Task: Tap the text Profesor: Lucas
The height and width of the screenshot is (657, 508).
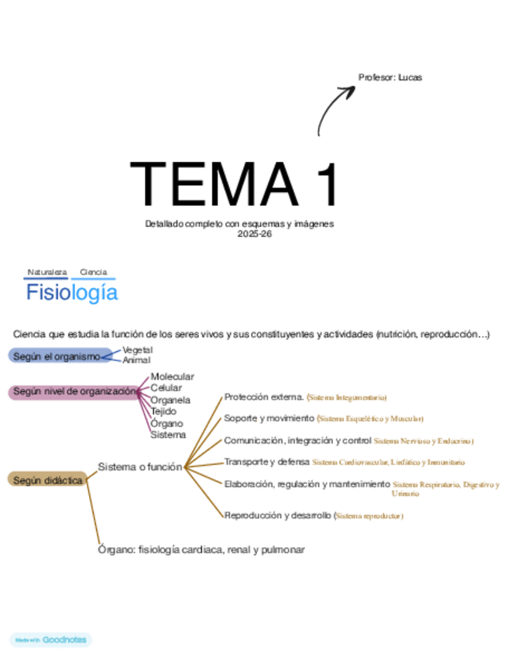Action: click(390, 77)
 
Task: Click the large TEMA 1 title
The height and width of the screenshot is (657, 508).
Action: click(235, 184)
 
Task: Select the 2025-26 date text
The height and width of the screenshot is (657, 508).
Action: click(239, 233)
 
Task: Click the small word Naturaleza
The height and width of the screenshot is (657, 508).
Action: click(47, 272)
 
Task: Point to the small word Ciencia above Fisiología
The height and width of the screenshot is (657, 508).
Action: click(93, 272)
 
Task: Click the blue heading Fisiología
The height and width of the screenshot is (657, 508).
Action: click(72, 293)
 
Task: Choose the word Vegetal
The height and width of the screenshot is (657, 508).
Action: click(137, 350)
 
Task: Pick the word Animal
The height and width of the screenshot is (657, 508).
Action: click(136, 360)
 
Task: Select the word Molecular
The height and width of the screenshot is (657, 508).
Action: click(172, 377)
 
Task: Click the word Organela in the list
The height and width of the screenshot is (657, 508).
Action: click(170, 400)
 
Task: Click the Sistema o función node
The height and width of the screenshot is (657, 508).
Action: click(140, 466)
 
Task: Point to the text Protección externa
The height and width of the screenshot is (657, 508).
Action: click(263, 397)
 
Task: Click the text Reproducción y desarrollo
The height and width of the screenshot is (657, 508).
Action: click(277, 514)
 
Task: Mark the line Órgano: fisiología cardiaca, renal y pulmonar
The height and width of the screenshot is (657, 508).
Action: click(201, 549)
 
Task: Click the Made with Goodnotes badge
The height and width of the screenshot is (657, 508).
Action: click(51, 640)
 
